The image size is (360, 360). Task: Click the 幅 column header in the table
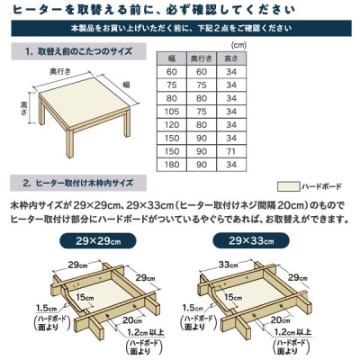(x=172, y=58)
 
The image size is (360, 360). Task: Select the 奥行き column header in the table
(x=202, y=58)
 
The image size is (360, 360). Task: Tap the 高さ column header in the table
(x=231, y=58)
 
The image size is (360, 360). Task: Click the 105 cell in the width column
(x=172, y=112)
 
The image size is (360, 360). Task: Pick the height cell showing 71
(x=231, y=151)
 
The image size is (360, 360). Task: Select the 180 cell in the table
(x=172, y=165)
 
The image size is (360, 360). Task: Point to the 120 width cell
(x=172, y=125)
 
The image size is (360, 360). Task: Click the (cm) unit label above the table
(x=238, y=45)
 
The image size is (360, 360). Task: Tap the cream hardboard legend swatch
(x=288, y=186)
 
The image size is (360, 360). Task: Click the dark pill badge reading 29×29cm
(x=98, y=241)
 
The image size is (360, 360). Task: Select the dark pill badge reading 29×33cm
(x=251, y=240)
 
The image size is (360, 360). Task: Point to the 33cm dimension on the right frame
(x=228, y=265)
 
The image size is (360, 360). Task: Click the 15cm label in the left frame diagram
(x=85, y=297)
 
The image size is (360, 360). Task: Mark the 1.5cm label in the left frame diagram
(x=46, y=308)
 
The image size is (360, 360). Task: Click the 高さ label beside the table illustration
(x=24, y=108)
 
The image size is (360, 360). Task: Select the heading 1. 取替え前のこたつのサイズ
(x=79, y=51)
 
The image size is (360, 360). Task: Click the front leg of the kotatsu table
(x=70, y=143)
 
